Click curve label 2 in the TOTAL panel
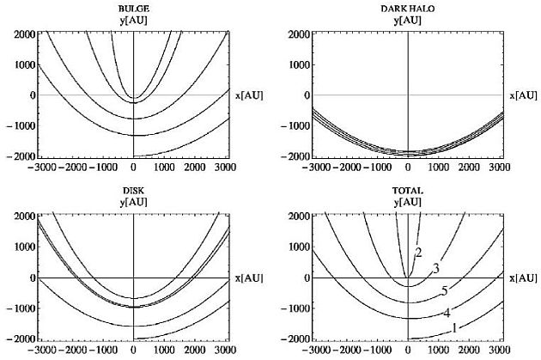tap(418, 252)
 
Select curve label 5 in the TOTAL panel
tap(444, 290)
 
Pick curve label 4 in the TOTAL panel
tap(447, 312)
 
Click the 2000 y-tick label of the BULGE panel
tap(21, 34)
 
